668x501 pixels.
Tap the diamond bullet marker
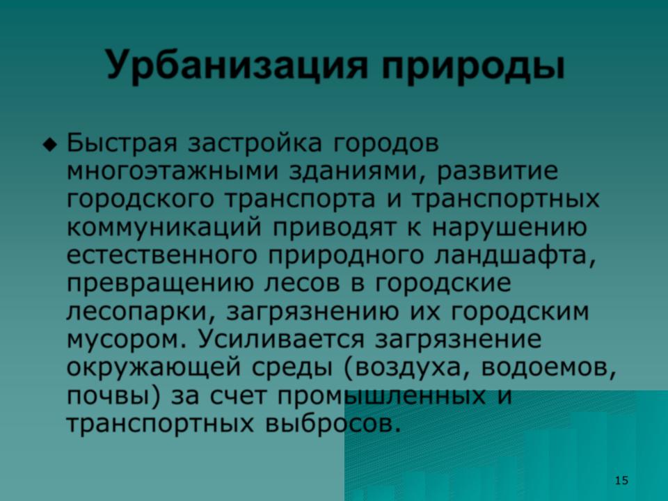click(x=50, y=145)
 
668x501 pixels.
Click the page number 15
click(x=621, y=481)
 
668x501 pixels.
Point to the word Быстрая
click(x=122, y=144)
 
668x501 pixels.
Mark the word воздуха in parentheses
click(x=407, y=368)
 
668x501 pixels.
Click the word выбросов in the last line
click(x=333, y=423)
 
